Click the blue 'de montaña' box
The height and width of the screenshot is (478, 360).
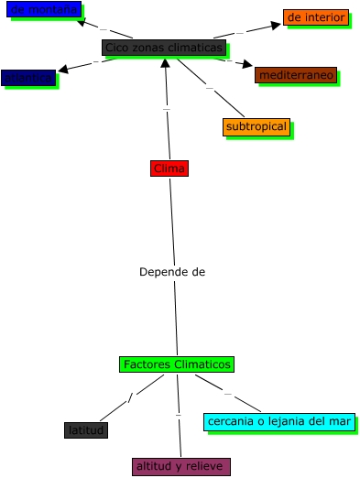point(43,9)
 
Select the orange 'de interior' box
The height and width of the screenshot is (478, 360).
point(315,17)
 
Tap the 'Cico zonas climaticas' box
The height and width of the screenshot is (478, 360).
point(164,48)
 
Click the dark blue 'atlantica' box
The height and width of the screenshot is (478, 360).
point(28,78)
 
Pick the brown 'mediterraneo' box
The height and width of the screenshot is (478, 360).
point(296,75)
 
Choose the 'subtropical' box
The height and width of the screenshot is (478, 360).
point(256,126)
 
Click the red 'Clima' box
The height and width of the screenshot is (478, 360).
point(169,168)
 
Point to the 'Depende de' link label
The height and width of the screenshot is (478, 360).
point(172,272)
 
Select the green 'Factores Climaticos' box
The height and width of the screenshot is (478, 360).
point(177,364)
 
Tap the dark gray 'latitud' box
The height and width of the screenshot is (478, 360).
point(86,429)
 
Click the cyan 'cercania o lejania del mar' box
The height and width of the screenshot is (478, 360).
point(279,421)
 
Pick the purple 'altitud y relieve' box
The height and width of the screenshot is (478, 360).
point(180,467)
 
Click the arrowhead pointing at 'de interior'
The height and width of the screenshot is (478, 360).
point(276,25)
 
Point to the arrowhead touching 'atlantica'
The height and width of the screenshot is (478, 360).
point(63,70)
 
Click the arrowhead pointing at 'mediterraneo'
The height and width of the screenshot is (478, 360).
point(248,65)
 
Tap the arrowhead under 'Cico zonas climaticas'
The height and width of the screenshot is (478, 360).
point(165,63)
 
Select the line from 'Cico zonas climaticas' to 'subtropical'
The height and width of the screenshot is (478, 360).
point(209,88)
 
